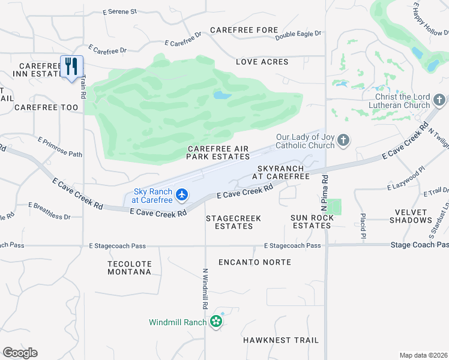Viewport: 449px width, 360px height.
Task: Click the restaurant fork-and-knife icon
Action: (x=71, y=66)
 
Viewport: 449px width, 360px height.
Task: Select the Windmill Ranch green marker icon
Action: (x=216, y=322)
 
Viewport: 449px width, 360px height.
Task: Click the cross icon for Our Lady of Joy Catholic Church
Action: (x=343, y=140)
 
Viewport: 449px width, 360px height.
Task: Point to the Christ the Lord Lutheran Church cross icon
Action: (x=439, y=100)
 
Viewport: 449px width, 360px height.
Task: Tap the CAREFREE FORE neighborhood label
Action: (x=244, y=30)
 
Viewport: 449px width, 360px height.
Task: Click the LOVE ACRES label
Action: (x=262, y=62)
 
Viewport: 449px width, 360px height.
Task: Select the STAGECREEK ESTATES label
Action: (x=234, y=222)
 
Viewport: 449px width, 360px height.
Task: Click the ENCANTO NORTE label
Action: (x=255, y=262)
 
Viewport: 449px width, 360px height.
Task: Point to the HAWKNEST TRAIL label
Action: (x=281, y=340)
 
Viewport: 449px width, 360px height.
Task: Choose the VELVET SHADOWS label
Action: (x=411, y=216)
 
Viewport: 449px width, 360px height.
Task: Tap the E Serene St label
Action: (x=120, y=11)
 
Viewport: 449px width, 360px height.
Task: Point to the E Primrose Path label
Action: (x=59, y=147)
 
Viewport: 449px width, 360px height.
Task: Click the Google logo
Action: (x=20, y=353)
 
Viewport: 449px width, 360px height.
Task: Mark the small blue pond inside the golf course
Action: (x=222, y=95)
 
